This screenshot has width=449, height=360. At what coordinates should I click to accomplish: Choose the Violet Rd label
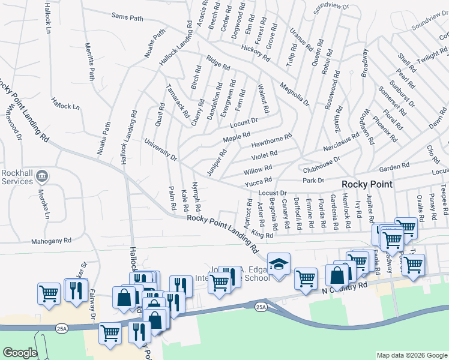click(264, 155)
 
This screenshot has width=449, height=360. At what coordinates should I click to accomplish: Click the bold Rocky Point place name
click(367, 184)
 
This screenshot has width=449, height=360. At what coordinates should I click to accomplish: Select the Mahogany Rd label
click(51, 241)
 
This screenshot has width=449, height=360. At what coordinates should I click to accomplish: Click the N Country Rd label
click(344, 290)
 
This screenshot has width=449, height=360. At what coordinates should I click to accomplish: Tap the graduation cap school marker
click(279, 265)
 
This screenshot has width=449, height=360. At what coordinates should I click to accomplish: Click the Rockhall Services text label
click(16, 176)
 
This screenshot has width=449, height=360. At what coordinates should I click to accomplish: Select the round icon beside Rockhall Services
click(42, 176)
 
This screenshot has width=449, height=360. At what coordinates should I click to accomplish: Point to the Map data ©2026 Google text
click(411, 355)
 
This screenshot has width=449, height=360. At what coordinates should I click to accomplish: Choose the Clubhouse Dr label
click(321, 163)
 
